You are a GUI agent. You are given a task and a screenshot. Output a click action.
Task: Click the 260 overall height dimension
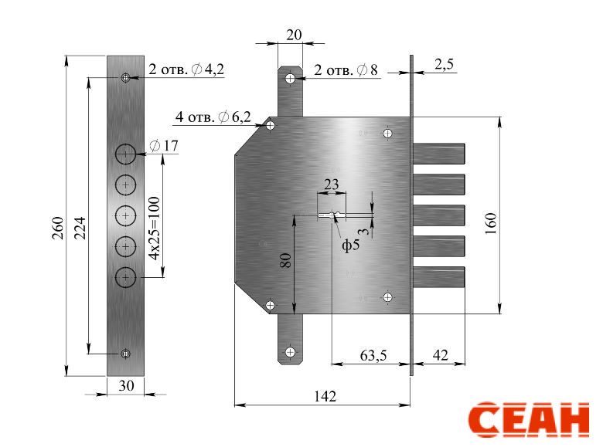[x=58, y=228]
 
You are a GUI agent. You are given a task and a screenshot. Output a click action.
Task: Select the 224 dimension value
[x=80, y=228]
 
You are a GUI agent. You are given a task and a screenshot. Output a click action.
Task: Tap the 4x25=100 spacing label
[x=154, y=228]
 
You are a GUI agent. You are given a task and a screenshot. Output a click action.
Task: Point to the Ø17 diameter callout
[x=164, y=146]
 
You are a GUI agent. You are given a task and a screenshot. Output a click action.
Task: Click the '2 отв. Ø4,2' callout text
[x=186, y=69]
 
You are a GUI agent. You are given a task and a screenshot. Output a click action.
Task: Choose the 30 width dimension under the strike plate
[x=126, y=385]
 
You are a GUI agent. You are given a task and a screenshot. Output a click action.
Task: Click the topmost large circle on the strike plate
[x=126, y=154]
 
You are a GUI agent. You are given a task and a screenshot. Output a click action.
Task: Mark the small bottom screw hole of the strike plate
[x=125, y=354]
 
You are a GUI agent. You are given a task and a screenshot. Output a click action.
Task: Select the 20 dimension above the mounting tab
[x=295, y=35]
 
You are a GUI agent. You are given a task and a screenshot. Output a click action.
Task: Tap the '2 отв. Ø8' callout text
[x=346, y=70]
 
